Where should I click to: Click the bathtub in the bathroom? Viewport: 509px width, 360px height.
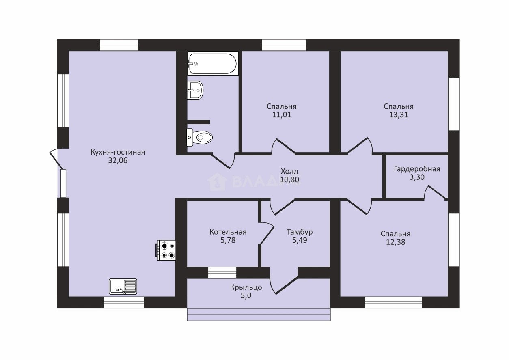213,64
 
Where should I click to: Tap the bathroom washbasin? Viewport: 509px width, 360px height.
195,90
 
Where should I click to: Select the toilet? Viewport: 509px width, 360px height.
199,137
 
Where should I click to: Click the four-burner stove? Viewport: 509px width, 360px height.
166,250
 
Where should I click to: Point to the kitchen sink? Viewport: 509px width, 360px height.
123,287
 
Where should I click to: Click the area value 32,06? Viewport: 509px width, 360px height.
118,160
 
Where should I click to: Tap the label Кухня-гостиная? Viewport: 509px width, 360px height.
118,152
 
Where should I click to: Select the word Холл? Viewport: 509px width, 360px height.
289,171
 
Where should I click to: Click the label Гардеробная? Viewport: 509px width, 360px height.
417,169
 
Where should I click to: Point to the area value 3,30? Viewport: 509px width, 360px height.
417,177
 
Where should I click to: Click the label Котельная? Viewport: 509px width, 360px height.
228,232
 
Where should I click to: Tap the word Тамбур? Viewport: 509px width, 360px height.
300,232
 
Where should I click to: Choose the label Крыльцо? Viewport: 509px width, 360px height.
246,287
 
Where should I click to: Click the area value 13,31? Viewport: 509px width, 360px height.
399,115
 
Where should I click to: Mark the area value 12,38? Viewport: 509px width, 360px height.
396,242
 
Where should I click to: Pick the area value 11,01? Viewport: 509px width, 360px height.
282,115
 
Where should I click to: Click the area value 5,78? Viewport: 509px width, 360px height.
228,240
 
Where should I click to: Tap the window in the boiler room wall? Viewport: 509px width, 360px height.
222,272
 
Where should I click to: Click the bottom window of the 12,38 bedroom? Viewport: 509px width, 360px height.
394,302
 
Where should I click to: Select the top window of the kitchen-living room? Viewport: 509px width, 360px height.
119,45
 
